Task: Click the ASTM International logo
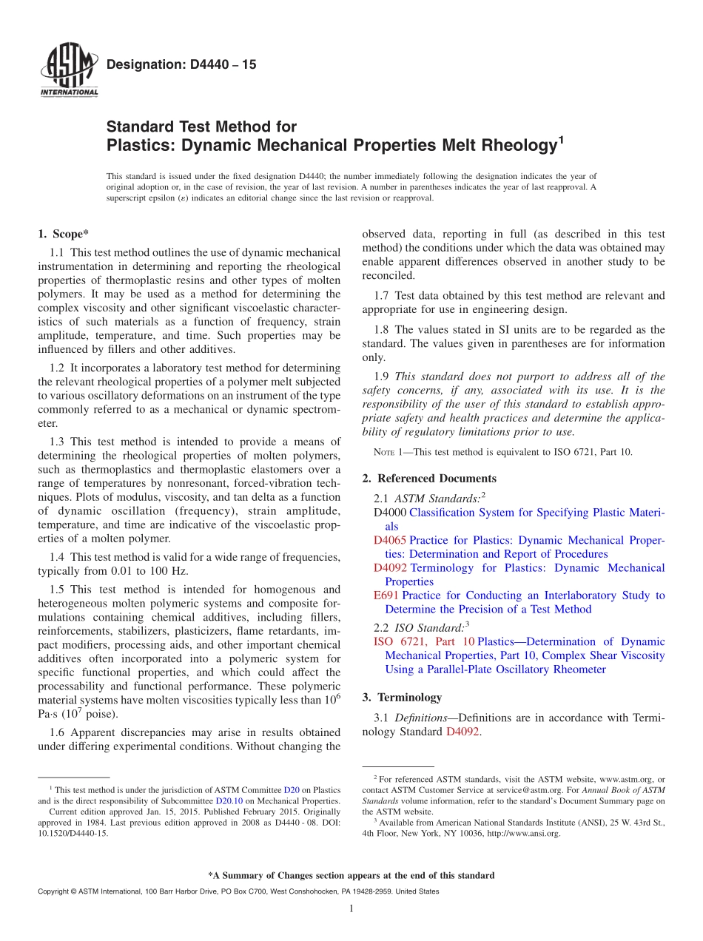[x=69, y=71]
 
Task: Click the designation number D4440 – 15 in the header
[x=181, y=65]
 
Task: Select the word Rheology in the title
[x=511, y=146]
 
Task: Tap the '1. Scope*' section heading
[x=63, y=235]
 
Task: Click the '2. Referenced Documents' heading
[x=429, y=479]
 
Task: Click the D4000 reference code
[x=389, y=513]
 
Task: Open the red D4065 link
[x=389, y=540]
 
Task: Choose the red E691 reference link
[x=386, y=596]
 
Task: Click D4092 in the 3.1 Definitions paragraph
[x=463, y=732]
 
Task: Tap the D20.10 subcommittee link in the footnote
[x=229, y=800]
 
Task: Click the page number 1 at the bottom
[x=351, y=909]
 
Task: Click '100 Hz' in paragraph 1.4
[x=166, y=570]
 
